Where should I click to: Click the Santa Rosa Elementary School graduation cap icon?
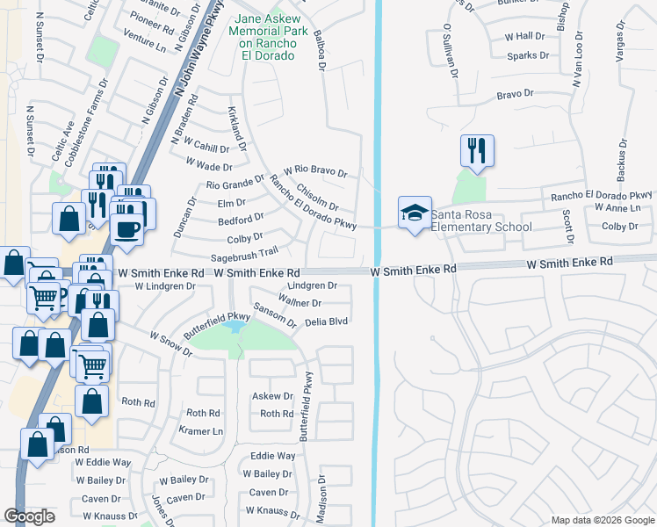point(415,213)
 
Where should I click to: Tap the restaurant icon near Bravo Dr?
point(477,150)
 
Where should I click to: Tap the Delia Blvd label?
point(327,321)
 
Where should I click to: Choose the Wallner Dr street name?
point(300,302)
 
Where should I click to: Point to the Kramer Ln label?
point(201,431)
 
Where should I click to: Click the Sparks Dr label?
point(528,55)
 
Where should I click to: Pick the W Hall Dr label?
point(524,36)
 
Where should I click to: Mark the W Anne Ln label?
point(617,208)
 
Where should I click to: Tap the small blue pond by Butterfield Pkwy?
point(234,327)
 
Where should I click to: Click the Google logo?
point(29,516)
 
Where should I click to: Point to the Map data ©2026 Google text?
point(602,520)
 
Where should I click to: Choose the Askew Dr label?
point(272,397)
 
